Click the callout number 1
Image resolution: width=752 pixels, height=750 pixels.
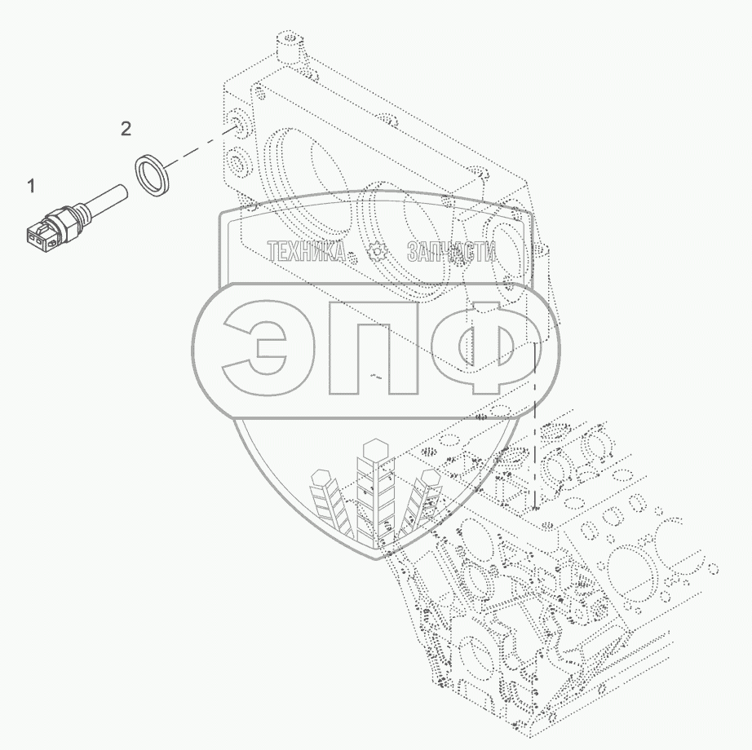tap(31, 186)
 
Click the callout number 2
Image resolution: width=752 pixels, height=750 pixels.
tap(126, 129)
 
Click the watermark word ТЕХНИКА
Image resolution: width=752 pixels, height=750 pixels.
tap(307, 250)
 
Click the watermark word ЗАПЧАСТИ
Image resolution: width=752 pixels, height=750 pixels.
tap(451, 250)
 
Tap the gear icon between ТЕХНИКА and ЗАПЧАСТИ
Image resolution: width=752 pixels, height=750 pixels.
tap(378, 251)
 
